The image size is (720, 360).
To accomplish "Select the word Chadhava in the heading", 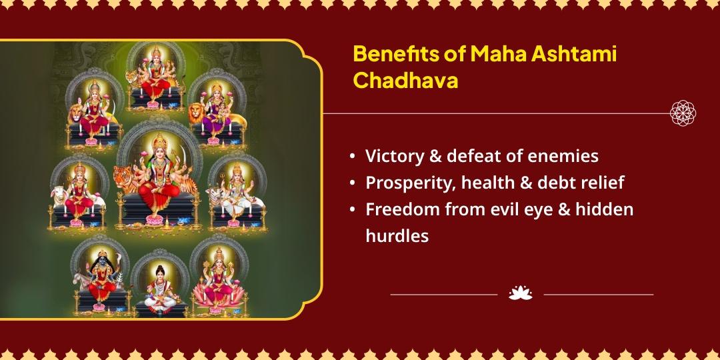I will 405,81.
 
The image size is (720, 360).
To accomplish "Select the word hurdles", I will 397,236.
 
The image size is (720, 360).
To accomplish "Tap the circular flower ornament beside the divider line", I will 683,113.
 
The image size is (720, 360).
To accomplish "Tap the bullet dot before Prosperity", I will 352,183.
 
